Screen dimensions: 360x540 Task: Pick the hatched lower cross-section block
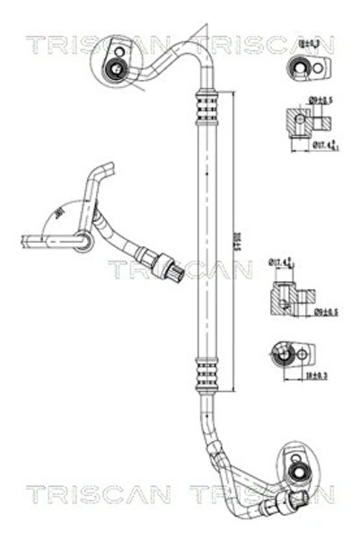pos(286,296)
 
